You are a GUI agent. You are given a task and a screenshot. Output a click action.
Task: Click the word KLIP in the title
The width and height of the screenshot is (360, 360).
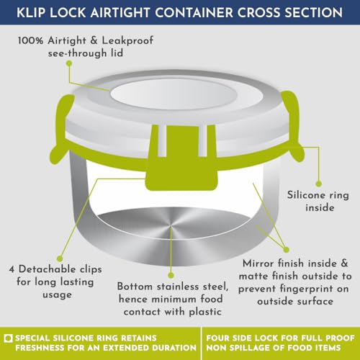click(32, 12)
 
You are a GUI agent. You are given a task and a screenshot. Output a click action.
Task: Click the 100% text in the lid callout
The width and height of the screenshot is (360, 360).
click(30, 40)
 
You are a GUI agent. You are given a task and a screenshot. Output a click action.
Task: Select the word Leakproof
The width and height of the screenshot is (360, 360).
click(127, 40)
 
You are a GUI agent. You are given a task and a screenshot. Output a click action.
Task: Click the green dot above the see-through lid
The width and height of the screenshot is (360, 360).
click(69, 63)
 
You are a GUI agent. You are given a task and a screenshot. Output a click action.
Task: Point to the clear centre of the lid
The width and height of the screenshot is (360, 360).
click(174, 94)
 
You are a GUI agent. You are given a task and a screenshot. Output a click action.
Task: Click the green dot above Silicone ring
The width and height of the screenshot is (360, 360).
click(318, 184)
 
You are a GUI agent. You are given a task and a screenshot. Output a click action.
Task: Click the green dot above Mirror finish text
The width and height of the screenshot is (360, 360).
click(286, 250)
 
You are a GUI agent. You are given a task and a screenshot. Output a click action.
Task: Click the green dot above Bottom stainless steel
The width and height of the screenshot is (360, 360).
click(171, 275)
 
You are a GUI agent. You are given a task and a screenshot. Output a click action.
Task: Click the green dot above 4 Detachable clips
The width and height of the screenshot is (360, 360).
click(60, 258)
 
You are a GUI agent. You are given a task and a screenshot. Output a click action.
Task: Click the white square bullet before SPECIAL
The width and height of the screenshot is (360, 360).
click(9, 338)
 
